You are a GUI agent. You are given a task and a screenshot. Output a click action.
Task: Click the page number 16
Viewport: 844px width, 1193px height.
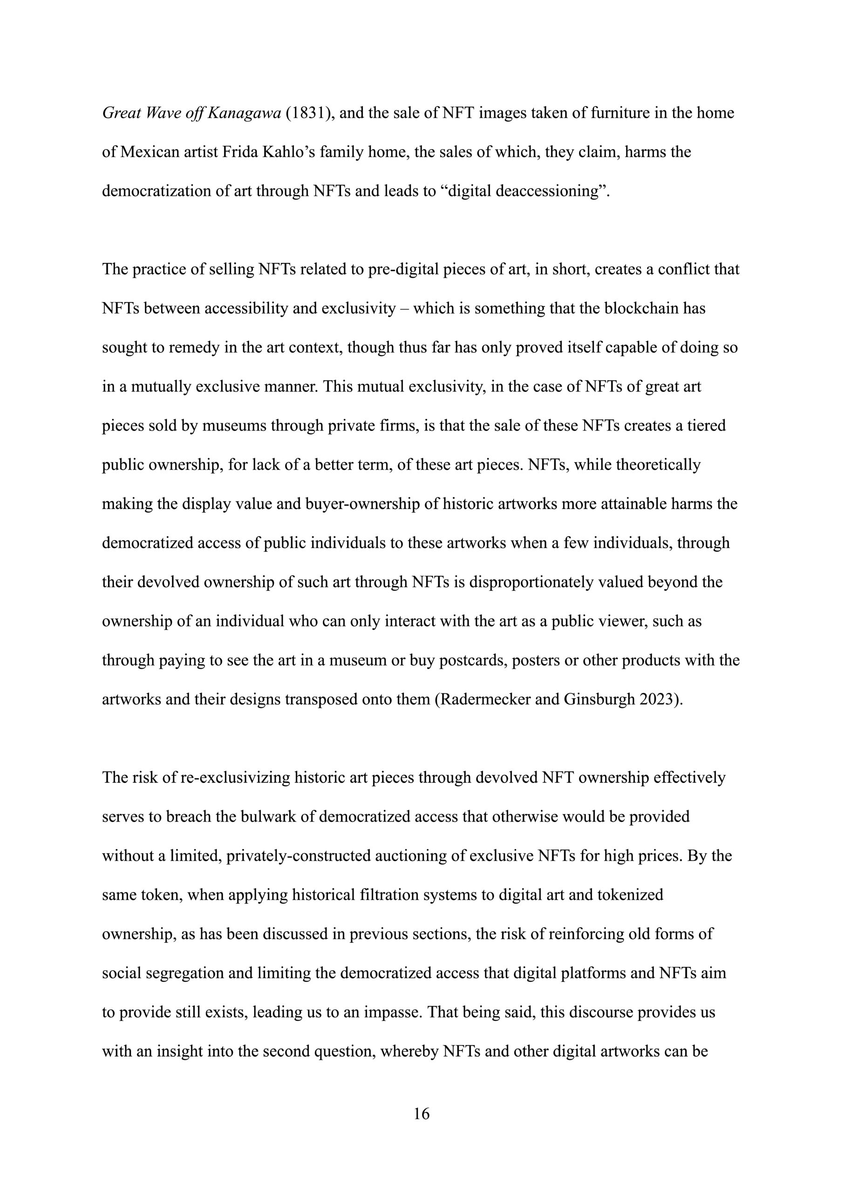pos(422,1113)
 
